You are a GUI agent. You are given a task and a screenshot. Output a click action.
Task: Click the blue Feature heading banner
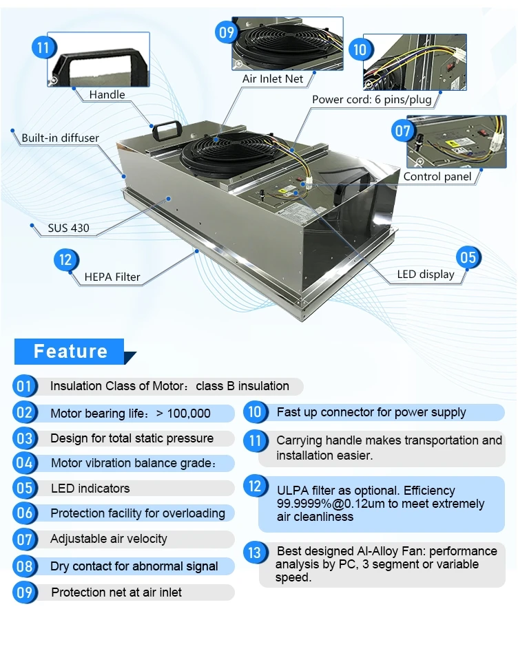pos(70,352)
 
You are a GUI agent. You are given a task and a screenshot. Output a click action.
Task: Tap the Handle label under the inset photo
pos(107,94)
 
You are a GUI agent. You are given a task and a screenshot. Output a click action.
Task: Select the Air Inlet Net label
pos(273,79)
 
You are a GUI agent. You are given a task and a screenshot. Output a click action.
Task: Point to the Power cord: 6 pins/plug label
pos(375,99)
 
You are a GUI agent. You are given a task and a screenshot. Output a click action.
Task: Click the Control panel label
pos(437,177)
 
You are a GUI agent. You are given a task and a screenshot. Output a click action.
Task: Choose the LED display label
pos(426,275)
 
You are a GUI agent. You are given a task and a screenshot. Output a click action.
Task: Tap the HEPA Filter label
pos(112,277)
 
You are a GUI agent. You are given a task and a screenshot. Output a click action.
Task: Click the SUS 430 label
pos(68,228)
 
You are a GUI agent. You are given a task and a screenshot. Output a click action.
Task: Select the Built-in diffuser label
pos(60,138)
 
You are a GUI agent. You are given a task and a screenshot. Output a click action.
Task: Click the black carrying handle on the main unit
pos(165,129)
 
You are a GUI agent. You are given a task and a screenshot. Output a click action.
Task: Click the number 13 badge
pos(254,552)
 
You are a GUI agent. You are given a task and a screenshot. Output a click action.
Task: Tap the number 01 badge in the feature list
pos(23,386)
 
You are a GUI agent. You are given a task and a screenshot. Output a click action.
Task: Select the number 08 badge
pos(24,566)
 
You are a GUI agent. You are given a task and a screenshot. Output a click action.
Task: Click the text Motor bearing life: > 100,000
pos(130,414)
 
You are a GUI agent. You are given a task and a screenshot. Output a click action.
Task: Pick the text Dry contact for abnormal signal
pos(134,567)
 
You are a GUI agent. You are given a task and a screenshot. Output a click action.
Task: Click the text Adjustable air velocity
pos(109,539)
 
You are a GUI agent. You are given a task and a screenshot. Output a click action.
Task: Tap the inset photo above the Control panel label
pos(457,142)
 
